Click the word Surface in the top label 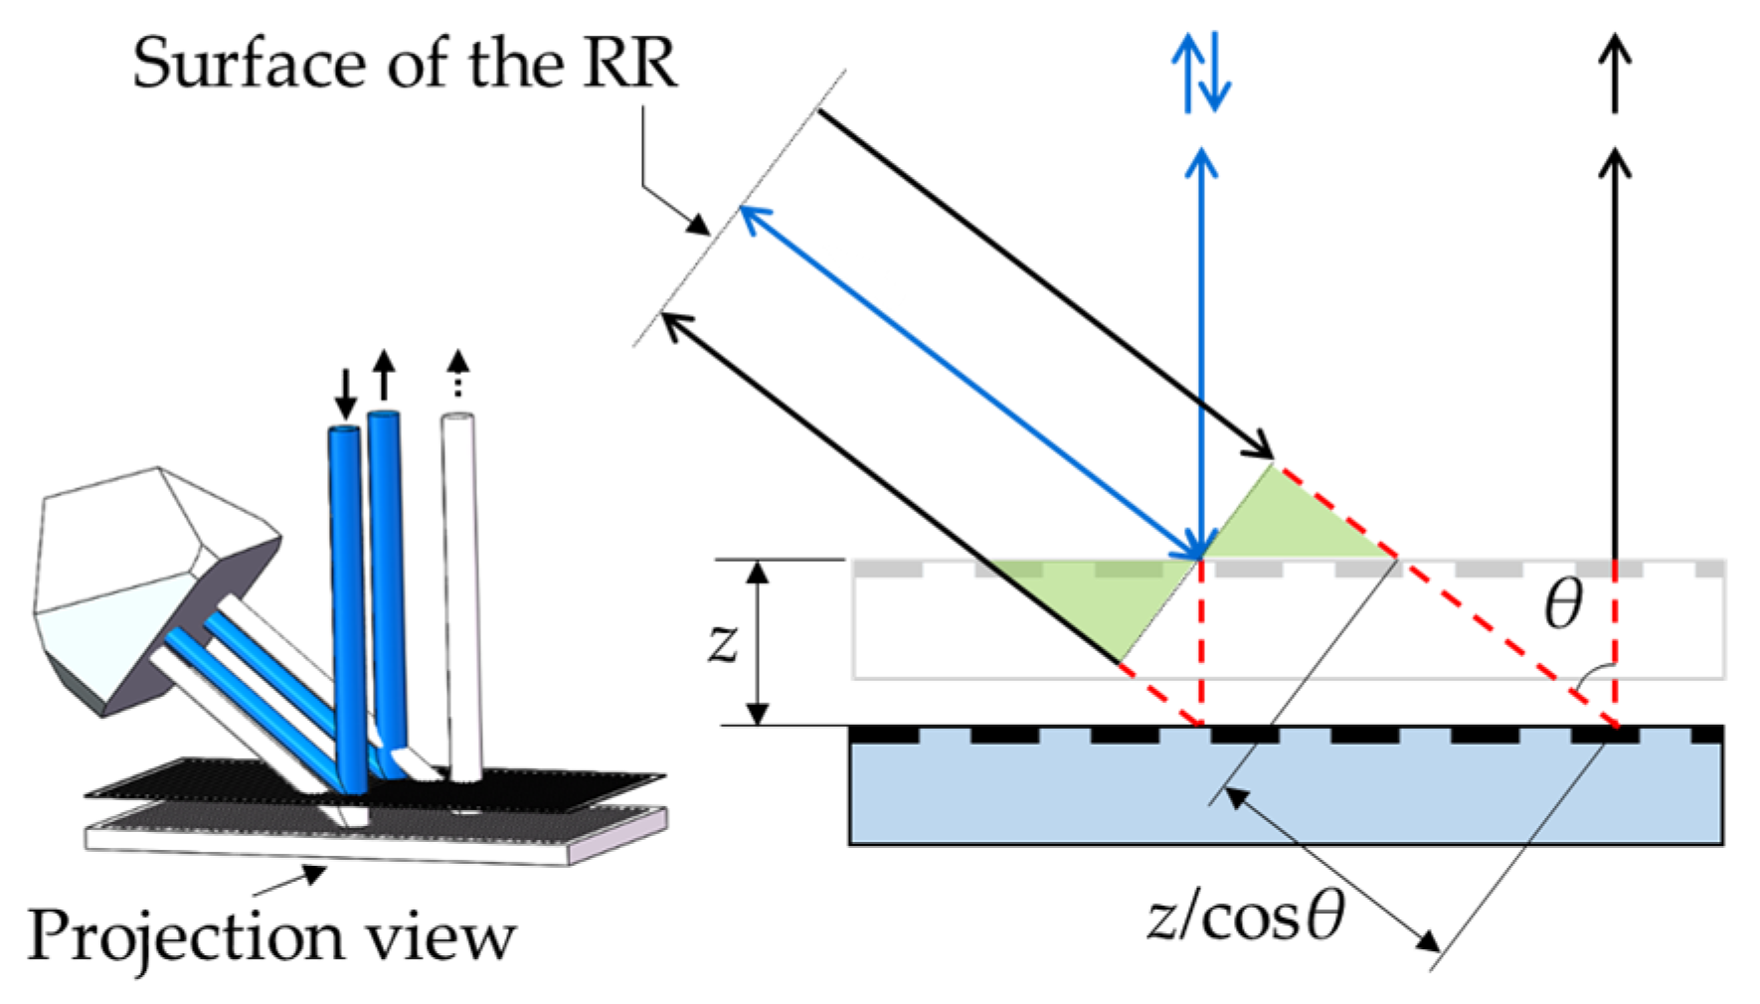click(249, 65)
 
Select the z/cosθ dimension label click(1245, 917)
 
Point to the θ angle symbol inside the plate click(1562, 604)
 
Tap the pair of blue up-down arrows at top click(1201, 73)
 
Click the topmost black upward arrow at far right click(1615, 73)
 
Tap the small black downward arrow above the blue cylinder click(345, 394)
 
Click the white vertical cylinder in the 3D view click(460, 596)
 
